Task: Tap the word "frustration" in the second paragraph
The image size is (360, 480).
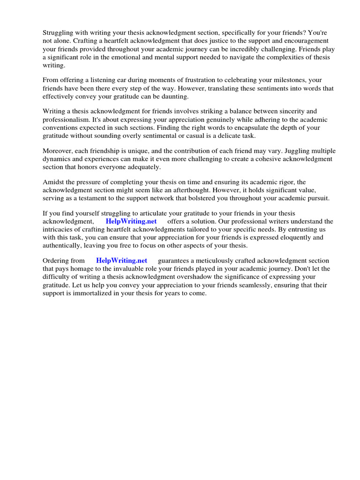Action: point(176,80)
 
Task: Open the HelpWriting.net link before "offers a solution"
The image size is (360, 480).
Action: point(131,221)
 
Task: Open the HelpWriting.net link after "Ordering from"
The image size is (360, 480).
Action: point(121,261)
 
